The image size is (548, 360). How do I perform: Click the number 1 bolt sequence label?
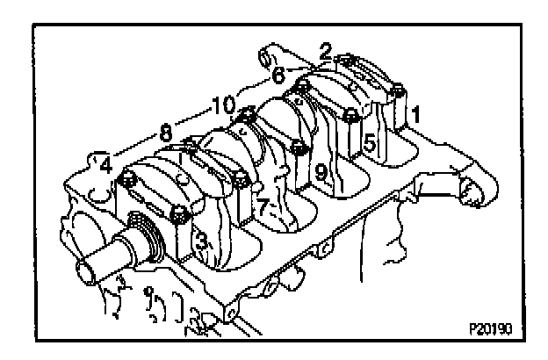pyautogui.click(x=418, y=113)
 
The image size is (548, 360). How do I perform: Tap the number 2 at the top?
pyautogui.click(x=325, y=51)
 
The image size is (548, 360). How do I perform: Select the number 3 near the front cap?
pyautogui.click(x=201, y=239)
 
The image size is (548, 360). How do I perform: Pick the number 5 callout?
pyautogui.click(x=370, y=141)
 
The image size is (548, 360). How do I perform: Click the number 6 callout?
pyautogui.click(x=278, y=76)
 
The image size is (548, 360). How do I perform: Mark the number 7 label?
pyautogui.click(x=261, y=206)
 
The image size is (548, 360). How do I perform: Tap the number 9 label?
pyautogui.click(x=321, y=172)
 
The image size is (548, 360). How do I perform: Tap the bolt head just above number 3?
pyautogui.click(x=181, y=212)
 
